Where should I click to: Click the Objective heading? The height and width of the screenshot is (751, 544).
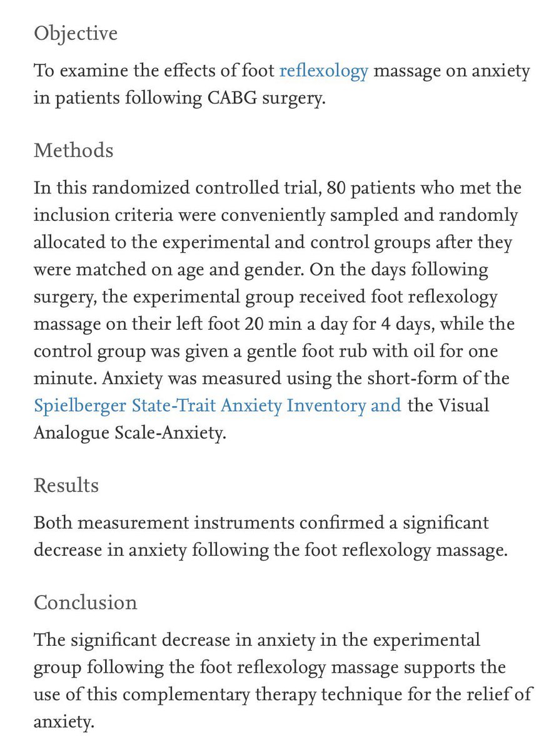[x=75, y=33]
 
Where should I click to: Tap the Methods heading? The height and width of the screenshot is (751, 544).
[x=74, y=150]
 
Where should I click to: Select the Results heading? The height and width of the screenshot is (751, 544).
[x=66, y=485]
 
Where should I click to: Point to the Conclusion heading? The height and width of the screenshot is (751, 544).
[x=85, y=602]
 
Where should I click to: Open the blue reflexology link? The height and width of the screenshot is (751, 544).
[x=323, y=71]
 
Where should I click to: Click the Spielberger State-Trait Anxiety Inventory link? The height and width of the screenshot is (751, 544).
[x=217, y=406]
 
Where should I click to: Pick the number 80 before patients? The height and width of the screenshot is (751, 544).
[x=338, y=188]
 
